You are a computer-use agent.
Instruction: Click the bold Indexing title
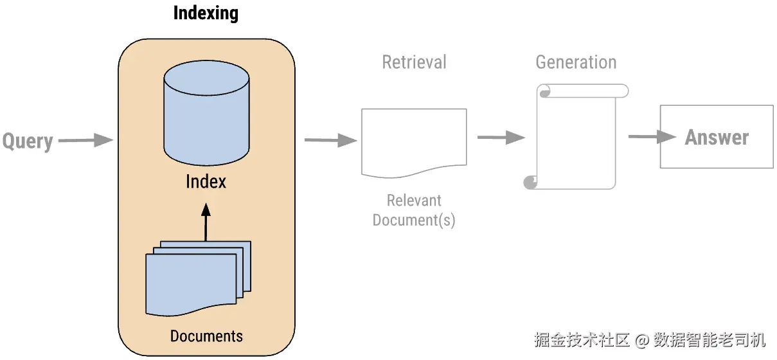[x=206, y=14]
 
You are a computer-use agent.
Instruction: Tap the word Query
[x=28, y=141]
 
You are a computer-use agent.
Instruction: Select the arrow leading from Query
[x=85, y=140]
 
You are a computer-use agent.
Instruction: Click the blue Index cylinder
[x=206, y=113]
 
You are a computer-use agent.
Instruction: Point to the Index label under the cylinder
[x=206, y=181]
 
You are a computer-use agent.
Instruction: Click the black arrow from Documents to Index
[x=206, y=222]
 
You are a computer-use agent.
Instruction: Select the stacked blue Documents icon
[x=198, y=278]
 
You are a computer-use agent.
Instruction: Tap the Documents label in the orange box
[x=206, y=336]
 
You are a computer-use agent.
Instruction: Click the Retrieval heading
[x=414, y=62]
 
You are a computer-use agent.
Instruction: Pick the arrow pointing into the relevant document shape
[x=331, y=140]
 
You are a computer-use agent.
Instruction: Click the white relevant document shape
[x=414, y=143]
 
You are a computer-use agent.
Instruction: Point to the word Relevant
[x=414, y=201]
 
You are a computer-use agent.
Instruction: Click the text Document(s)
[x=414, y=221]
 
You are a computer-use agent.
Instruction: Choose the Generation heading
[x=576, y=62]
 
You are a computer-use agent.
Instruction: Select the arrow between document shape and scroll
[x=501, y=138]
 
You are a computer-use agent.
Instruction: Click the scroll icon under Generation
[x=576, y=137]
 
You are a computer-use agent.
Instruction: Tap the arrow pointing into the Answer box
[x=652, y=136]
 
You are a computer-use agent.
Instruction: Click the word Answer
[x=717, y=138]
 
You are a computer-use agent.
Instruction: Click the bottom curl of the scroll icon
[x=530, y=183]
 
